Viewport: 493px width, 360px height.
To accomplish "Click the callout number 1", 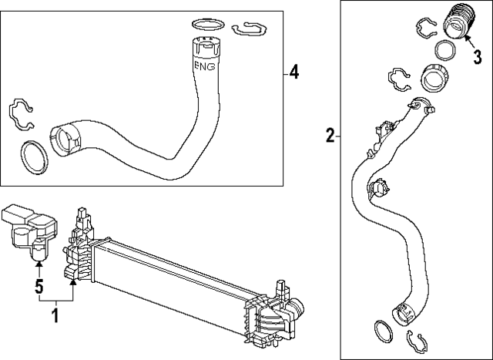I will tap(54, 315).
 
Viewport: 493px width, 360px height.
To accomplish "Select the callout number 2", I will tap(330, 136).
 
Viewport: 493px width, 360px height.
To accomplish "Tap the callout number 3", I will tap(476, 56).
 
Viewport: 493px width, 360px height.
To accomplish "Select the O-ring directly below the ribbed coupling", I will tap(444, 52).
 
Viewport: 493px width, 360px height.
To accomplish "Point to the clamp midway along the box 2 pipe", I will tap(378, 187).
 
